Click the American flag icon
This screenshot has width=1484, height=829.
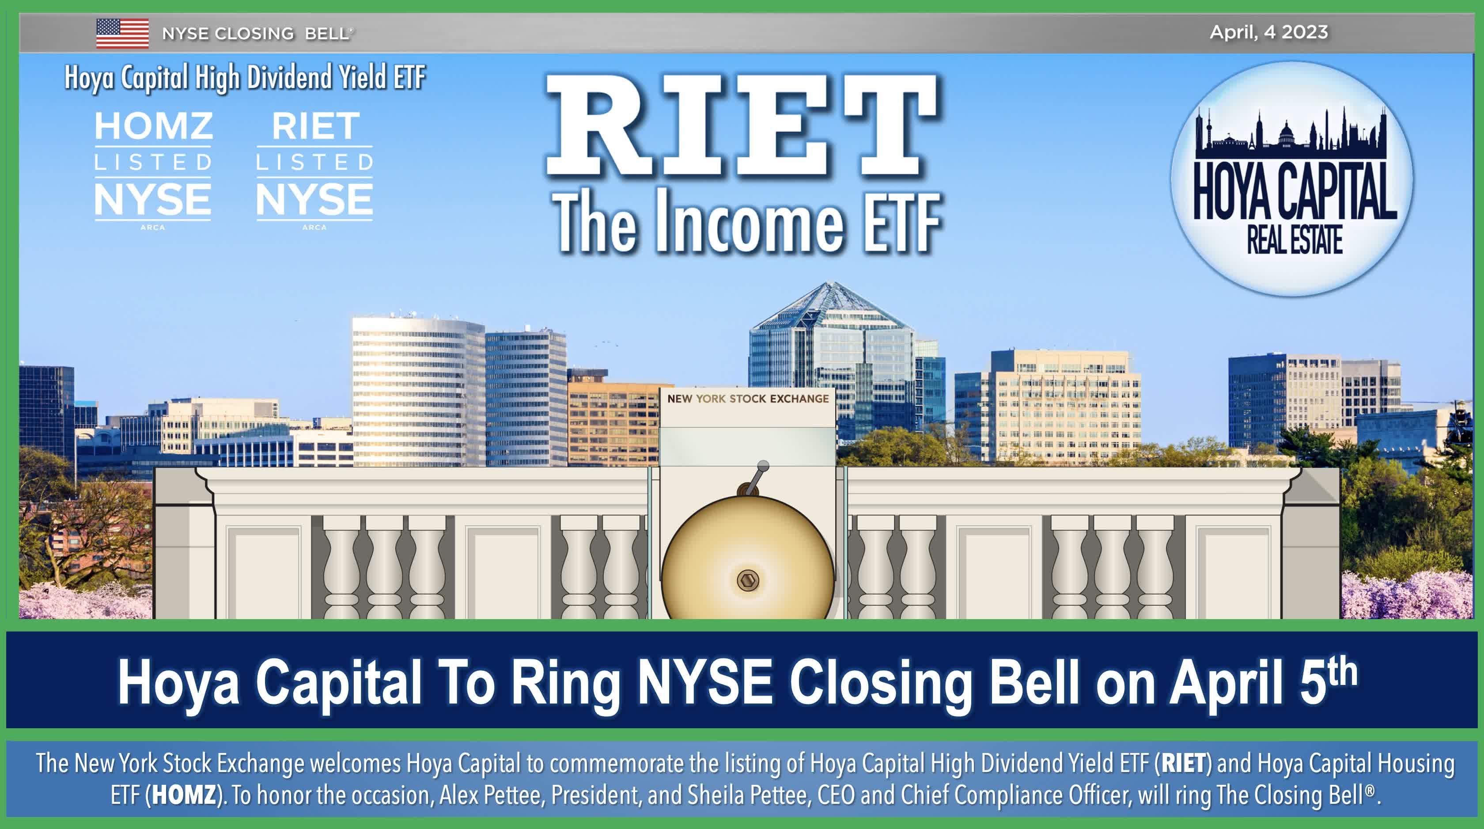(122, 34)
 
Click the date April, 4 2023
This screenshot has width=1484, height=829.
(1268, 32)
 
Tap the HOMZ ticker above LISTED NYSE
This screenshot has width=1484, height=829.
(153, 126)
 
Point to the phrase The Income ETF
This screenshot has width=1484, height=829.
(747, 222)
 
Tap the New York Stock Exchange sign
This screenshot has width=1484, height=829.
(748, 398)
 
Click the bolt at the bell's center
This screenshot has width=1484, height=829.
(748, 579)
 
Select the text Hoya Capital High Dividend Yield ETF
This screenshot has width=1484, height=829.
(245, 78)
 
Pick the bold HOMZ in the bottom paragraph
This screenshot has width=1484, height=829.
(184, 795)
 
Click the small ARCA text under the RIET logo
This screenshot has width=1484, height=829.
(314, 227)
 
